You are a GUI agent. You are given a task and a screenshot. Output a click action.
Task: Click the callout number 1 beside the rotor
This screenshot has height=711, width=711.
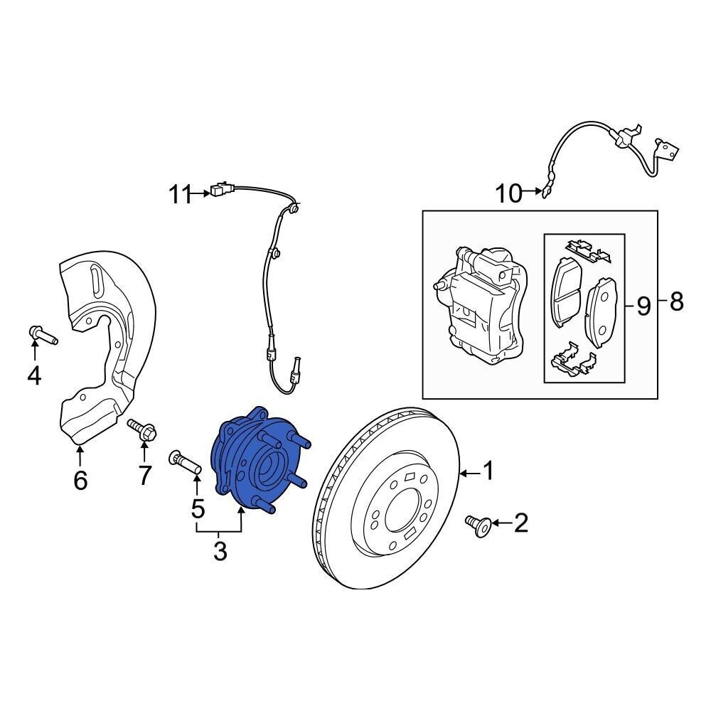point(488,471)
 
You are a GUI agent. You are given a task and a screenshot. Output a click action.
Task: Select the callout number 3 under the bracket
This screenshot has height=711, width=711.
point(220,552)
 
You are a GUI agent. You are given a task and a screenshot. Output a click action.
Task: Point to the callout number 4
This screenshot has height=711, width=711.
point(34,375)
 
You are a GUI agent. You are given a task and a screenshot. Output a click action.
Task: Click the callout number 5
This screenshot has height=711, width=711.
point(198,509)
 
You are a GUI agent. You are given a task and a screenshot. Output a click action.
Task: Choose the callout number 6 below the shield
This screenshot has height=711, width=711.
point(80,480)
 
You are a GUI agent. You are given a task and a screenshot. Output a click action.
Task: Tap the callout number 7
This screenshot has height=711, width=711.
point(144,475)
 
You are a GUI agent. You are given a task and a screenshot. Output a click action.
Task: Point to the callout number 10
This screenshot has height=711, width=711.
point(508,193)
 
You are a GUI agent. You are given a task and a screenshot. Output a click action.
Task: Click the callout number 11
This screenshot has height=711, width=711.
point(181,195)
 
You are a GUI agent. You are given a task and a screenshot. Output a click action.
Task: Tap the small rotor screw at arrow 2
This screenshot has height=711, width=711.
point(479,526)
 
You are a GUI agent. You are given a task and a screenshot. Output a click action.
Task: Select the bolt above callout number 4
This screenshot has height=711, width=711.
point(43,335)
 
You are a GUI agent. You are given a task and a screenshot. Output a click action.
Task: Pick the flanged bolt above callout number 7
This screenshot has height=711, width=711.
point(142,429)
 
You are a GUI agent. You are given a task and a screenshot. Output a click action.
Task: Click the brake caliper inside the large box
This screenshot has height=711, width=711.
point(481,305)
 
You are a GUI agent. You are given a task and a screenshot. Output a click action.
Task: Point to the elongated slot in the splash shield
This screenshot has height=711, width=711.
point(96,282)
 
